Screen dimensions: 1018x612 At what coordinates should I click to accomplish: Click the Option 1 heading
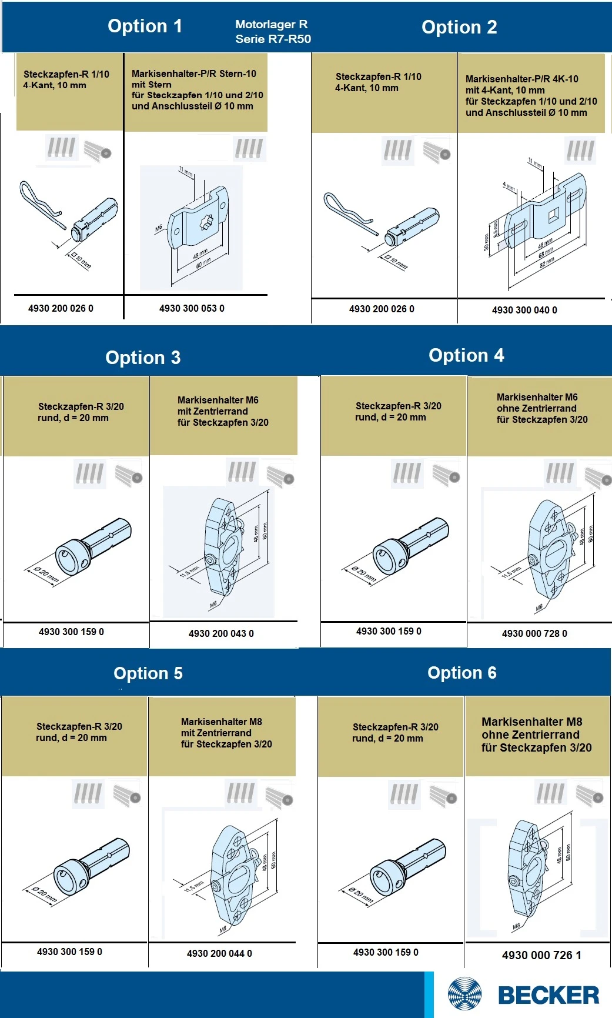tap(145, 26)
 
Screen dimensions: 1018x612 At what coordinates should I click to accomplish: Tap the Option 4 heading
tap(466, 355)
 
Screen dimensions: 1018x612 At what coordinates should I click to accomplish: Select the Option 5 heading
tap(148, 673)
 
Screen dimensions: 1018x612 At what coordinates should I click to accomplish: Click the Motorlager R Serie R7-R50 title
tap(273, 32)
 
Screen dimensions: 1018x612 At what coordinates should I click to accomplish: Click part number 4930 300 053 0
tap(192, 308)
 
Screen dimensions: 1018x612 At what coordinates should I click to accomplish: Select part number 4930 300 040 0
tap(524, 310)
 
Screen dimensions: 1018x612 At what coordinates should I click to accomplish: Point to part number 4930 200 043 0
tap(221, 633)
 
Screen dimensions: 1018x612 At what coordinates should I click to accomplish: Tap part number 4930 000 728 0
tap(534, 633)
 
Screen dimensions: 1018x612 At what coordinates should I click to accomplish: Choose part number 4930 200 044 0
tap(219, 953)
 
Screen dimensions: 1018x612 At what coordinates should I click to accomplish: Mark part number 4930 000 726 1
tap(541, 955)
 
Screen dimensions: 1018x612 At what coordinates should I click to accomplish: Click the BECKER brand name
tap(549, 995)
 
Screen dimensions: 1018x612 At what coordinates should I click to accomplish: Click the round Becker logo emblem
tap(464, 994)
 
